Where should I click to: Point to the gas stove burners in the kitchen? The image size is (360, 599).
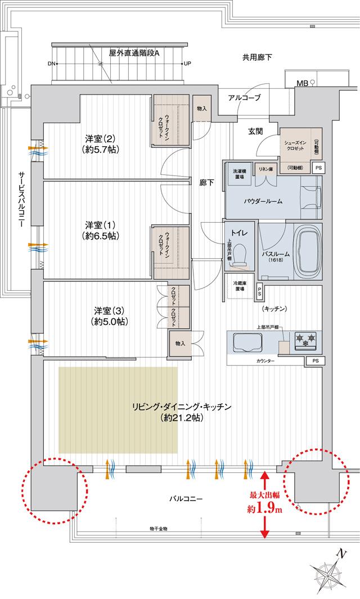click(x=305, y=339)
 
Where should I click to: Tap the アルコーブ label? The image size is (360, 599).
click(x=244, y=98)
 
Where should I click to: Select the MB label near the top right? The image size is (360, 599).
click(x=301, y=84)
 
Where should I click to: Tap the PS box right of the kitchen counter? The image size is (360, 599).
click(x=316, y=361)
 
